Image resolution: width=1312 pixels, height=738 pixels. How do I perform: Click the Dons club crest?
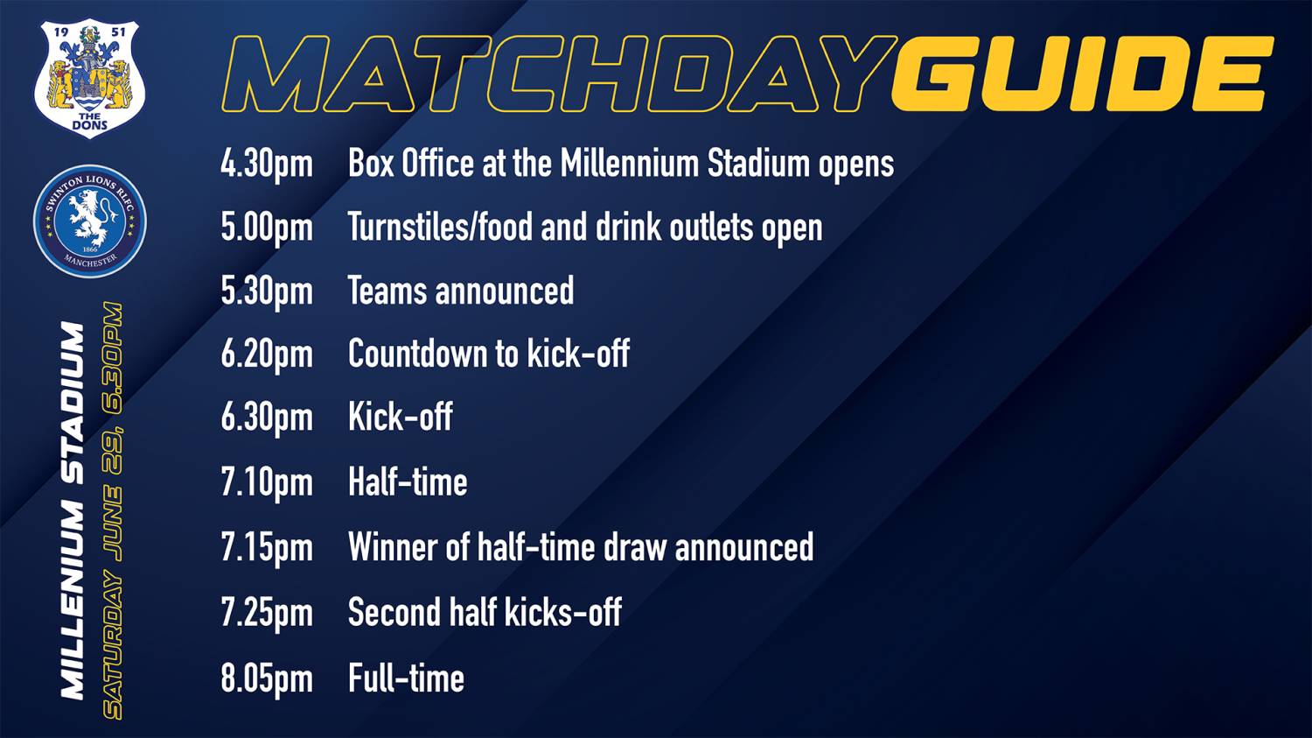coord(89,79)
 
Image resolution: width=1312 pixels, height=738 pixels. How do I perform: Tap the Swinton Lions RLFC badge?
coord(89,221)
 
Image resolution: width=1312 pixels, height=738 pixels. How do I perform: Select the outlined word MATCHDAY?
coord(560,74)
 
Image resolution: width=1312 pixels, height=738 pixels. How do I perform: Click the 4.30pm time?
coord(267,164)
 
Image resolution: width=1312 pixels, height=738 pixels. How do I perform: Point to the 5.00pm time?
coord(267,228)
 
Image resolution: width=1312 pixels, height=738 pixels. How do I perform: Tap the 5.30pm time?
coord(267,292)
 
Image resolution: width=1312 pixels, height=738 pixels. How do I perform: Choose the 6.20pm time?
coord(267,355)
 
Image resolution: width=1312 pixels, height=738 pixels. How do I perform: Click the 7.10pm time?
coord(267,483)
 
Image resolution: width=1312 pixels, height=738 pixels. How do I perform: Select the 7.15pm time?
coord(267,547)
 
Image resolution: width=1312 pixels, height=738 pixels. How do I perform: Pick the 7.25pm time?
coord(267,613)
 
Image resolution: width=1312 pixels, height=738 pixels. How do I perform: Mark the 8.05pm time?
coord(267,678)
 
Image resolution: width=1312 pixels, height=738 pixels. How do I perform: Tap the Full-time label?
coord(406,678)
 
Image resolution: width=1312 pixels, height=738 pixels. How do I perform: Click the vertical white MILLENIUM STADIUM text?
coord(73,510)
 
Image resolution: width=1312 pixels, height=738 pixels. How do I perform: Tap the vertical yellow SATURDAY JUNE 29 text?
coord(113,510)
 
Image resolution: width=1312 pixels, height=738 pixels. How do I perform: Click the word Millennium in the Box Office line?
coord(629,164)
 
